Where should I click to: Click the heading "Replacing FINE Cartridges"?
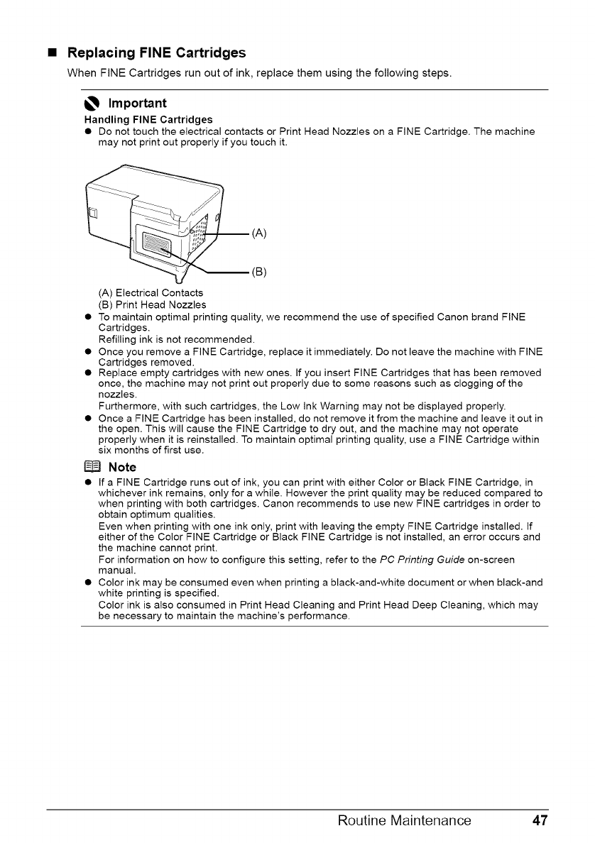point(156,53)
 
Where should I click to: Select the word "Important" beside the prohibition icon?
point(137,104)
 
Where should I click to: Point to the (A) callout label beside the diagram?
point(259,232)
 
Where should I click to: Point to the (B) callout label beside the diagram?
point(259,271)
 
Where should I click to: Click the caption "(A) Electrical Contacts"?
point(151,293)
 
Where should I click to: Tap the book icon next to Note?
point(93,467)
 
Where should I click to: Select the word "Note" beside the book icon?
point(122,467)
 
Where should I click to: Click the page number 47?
point(540,821)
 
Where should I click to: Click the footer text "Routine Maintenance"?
point(404,821)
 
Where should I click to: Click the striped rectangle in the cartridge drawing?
point(157,246)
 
